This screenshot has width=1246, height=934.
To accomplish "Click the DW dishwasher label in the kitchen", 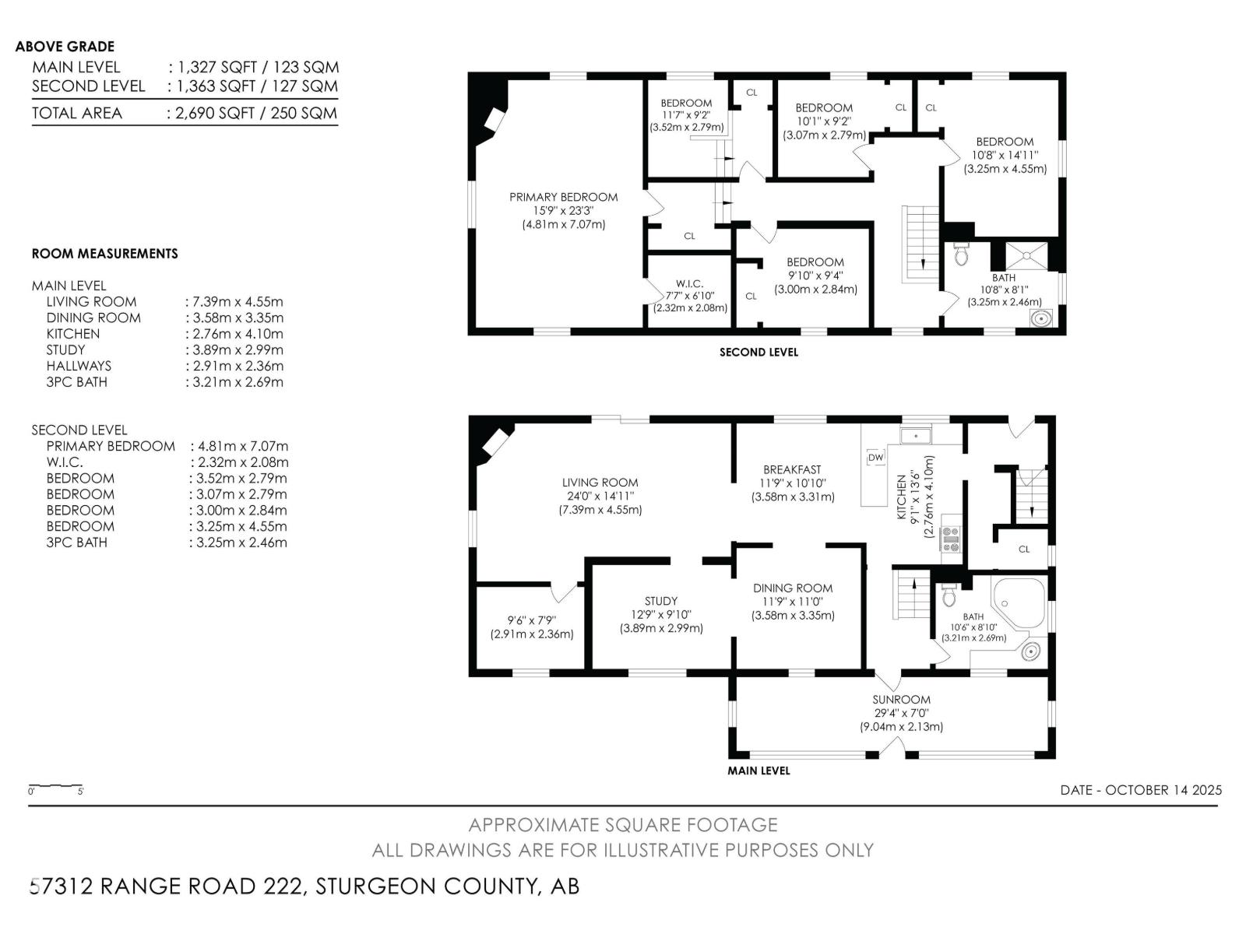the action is (876, 457).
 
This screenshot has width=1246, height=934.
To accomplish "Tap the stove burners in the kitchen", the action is (951, 539).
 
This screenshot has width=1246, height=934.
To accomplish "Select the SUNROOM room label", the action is (902, 700).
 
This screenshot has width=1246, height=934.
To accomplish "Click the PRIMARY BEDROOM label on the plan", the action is (563, 198).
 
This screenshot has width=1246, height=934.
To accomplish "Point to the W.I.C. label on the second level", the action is (690, 283).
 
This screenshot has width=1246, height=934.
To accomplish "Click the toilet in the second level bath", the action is (960, 254).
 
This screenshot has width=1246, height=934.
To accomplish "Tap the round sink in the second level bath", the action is (1041, 318).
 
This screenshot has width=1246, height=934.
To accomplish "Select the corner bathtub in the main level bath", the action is (1019, 602).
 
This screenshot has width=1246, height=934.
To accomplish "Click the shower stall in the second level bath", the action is (1027, 256).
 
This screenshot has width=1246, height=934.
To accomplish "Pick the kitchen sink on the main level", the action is (915, 436).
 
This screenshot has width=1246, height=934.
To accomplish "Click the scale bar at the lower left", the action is (56, 787).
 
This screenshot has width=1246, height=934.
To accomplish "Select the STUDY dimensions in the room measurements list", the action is (238, 350).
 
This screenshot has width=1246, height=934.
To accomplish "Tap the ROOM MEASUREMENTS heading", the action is (105, 254).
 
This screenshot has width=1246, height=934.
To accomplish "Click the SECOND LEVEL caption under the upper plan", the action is (759, 352).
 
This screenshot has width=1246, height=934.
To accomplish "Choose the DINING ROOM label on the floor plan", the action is (793, 588).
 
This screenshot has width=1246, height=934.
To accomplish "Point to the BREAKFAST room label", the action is (793, 469).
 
